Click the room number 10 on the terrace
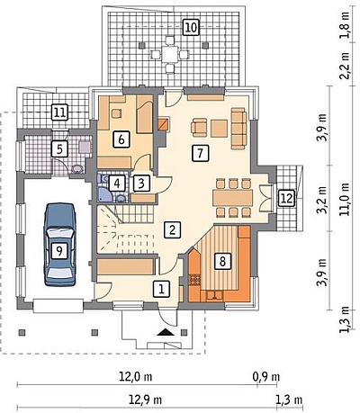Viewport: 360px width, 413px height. (191, 28)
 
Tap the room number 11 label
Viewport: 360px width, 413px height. (59, 112)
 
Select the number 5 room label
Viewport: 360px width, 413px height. (59, 148)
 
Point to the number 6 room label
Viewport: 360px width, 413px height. (121, 139)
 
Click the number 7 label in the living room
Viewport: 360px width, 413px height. (201, 153)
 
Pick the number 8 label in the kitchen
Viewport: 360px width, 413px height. (222, 261)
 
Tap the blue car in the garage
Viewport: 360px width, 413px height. (59, 245)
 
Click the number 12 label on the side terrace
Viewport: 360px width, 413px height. (287, 198)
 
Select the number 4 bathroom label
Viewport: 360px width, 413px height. (117, 183)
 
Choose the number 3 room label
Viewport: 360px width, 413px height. (141, 184)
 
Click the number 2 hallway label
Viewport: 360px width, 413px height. (173, 229)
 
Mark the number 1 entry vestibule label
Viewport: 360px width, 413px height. (161, 289)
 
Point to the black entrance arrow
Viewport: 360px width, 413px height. (164, 332)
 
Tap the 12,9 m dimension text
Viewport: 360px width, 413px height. (145, 400)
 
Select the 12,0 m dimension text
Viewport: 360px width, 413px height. (136, 377)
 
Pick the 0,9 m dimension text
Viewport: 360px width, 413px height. (266, 377)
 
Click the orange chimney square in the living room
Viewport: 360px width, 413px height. (164, 124)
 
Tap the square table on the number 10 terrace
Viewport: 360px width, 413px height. (169, 54)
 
